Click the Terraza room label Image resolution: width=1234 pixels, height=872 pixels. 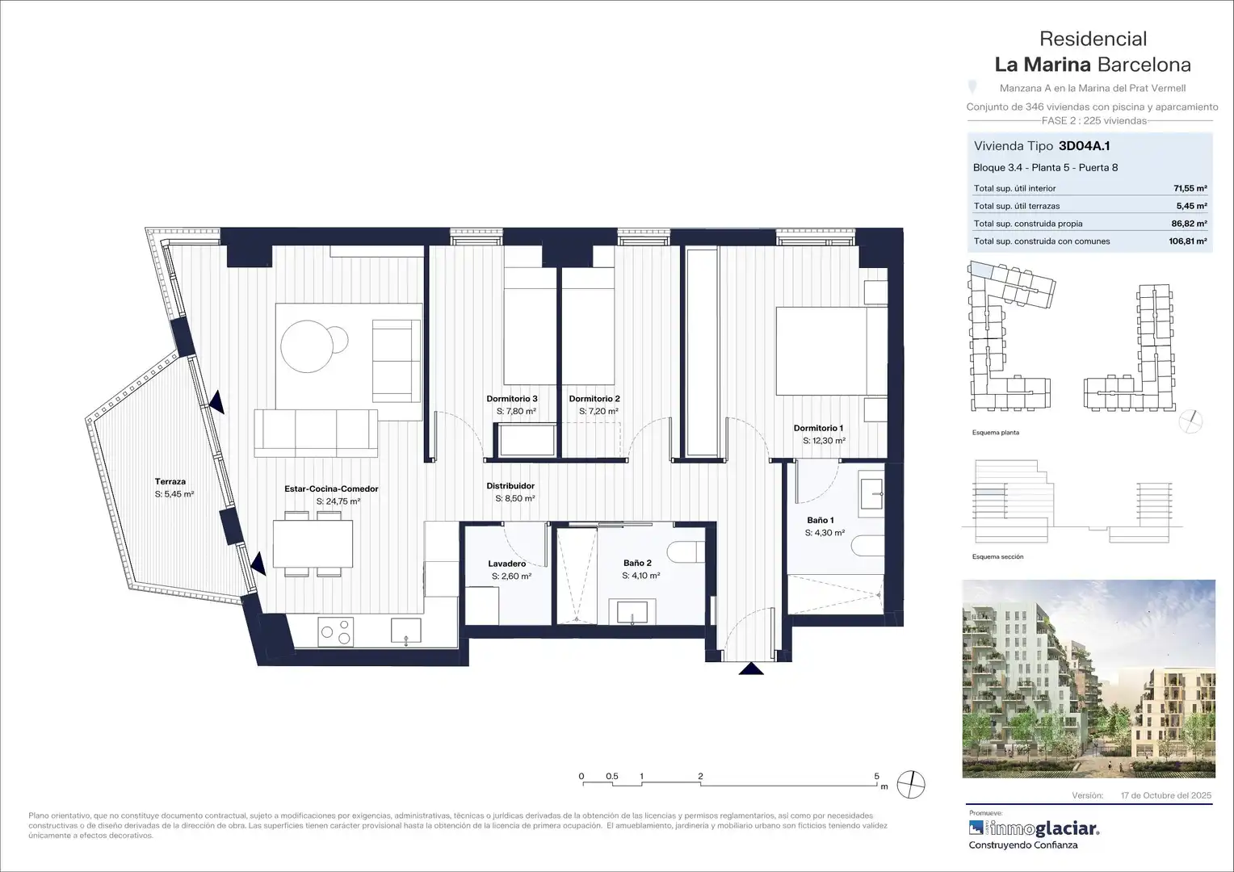point(170,481)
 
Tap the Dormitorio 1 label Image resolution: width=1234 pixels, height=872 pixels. point(818,428)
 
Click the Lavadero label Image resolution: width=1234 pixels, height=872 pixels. point(507,564)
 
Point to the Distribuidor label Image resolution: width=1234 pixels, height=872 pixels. point(510,486)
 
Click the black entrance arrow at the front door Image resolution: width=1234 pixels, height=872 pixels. point(751,669)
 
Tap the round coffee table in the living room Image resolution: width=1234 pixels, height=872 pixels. point(308,346)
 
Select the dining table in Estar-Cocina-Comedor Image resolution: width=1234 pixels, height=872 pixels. point(313,543)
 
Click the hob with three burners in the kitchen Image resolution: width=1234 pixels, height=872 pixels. point(335,631)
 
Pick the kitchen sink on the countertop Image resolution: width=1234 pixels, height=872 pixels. point(406,630)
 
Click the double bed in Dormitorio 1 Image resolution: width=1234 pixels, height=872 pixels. point(831,351)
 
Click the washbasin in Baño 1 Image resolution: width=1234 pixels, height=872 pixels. point(871,493)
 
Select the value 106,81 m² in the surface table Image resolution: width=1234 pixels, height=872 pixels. point(1188,241)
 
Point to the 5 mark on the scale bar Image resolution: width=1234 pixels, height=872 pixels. point(877,776)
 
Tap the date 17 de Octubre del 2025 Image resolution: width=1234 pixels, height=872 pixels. point(1166,795)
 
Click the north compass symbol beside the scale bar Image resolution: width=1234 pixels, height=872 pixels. point(911,784)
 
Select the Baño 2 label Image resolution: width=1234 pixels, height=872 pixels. point(637,563)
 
